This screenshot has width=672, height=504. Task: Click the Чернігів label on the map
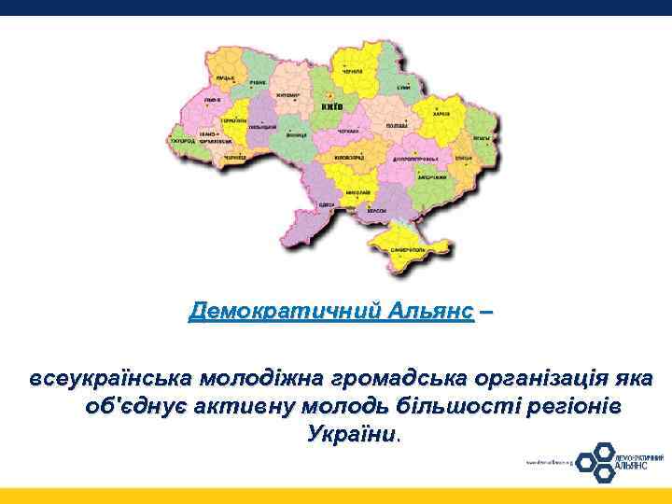(351, 72)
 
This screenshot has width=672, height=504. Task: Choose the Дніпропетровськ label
(407, 160)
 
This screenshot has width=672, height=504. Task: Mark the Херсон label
(376, 211)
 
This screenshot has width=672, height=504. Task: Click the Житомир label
(286, 95)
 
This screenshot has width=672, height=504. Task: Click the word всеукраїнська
(111, 380)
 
